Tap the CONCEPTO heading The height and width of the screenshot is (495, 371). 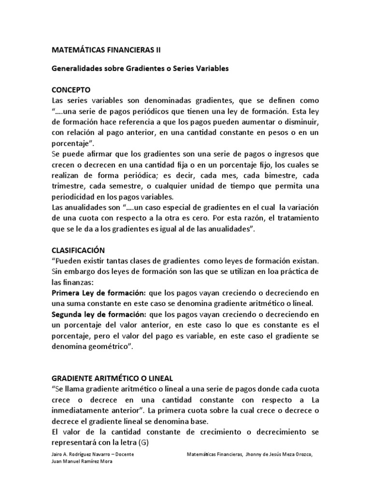coord(71,90)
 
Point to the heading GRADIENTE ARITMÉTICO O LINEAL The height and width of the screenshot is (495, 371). coord(112,378)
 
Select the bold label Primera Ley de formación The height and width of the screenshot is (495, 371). coord(91,293)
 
